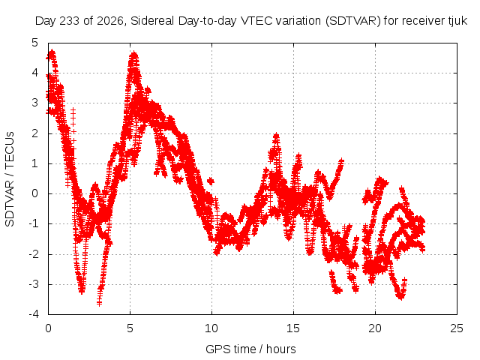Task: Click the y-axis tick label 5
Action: pyautogui.click(x=35, y=43)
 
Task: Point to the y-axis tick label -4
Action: pyautogui.click(x=34, y=314)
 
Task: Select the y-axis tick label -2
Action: pyautogui.click(x=34, y=254)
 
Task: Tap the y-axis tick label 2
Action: pyautogui.click(x=35, y=133)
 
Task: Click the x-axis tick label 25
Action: pyautogui.click(x=457, y=328)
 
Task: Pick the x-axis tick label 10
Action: pyautogui.click(x=211, y=328)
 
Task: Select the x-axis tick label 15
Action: pyautogui.click(x=293, y=328)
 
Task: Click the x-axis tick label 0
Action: pyautogui.click(x=48, y=328)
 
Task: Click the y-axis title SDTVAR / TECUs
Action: pyautogui.click(x=10, y=179)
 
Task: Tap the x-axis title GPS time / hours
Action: pyautogui.click(x=250, y=349)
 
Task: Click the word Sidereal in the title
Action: pyautogui.click(x=152, y=21)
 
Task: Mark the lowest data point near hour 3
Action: pyautogui.click(x=99, y=303)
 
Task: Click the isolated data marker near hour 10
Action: pyautogui.click(x=210, y=181)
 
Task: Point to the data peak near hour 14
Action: pyautogui.click(x=277, y=135)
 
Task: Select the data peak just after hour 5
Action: pyautogui.click(x=133, y=55)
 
